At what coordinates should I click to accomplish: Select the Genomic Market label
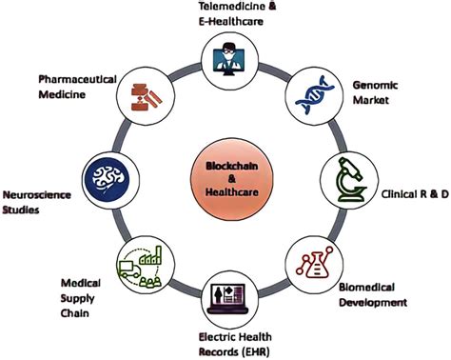[378, 90]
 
